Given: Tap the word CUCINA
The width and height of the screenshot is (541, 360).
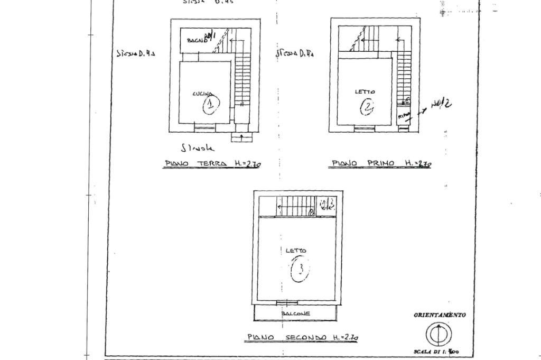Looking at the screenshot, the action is click(203, 94).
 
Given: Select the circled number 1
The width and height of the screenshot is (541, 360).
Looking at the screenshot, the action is click(211, 105).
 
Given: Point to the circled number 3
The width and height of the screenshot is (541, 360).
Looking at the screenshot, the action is click(300, 270).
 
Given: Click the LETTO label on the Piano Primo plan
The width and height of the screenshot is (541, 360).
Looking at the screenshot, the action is click(365, 92).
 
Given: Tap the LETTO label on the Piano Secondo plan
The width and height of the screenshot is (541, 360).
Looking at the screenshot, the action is click(296, 251).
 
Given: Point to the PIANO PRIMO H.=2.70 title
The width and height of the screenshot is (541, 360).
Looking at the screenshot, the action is click(381, 163).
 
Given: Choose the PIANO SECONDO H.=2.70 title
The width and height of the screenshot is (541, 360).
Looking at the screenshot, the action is click(303, 337).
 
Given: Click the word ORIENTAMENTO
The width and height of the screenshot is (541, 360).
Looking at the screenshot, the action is click(440, 315).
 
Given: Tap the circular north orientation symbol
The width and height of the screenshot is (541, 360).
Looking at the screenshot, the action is click(439, 334).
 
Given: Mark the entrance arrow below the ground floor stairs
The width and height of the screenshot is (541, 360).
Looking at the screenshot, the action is click(241, 137).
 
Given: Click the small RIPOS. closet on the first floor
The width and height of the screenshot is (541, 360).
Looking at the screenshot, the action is click(404, 115).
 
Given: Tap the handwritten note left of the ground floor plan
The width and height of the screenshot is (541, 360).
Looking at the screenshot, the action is click(135, 53).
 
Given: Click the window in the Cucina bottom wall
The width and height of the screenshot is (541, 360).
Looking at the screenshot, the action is click(205, 126).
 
